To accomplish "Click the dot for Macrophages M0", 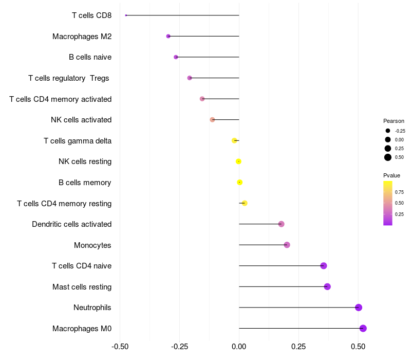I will click(x=363, y=328).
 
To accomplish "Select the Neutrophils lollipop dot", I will click(x=359, y=308).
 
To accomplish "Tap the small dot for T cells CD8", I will click(x=126, y=15).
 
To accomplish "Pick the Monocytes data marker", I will click(x=287, y=245).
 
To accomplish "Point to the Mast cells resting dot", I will click(x=327, y=286).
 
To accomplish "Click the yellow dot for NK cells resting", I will click(x=238, y=161).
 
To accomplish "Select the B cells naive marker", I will click(x=176, y=57).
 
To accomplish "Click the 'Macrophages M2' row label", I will click(x=82, y=37).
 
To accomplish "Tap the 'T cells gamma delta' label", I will click(x=78, y=141).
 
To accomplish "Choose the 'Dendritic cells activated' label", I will click(x=71, y=224).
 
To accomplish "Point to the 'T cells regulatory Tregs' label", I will click(x=69, y=78).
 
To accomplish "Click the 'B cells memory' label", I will click(x=85, y=183).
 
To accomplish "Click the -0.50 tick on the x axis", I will click(x=120, y=347).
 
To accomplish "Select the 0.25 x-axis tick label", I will click(x=298, y=347).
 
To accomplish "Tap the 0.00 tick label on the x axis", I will click(x=239, y=347).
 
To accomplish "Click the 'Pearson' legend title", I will click(x=394, y=121).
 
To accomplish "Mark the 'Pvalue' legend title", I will click(x=391, y=175).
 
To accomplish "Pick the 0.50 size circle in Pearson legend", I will click(x=388, y=157).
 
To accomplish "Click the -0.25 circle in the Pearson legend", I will click(x=388, y=131).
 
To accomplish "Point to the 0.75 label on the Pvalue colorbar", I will click(x=399, y=192).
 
